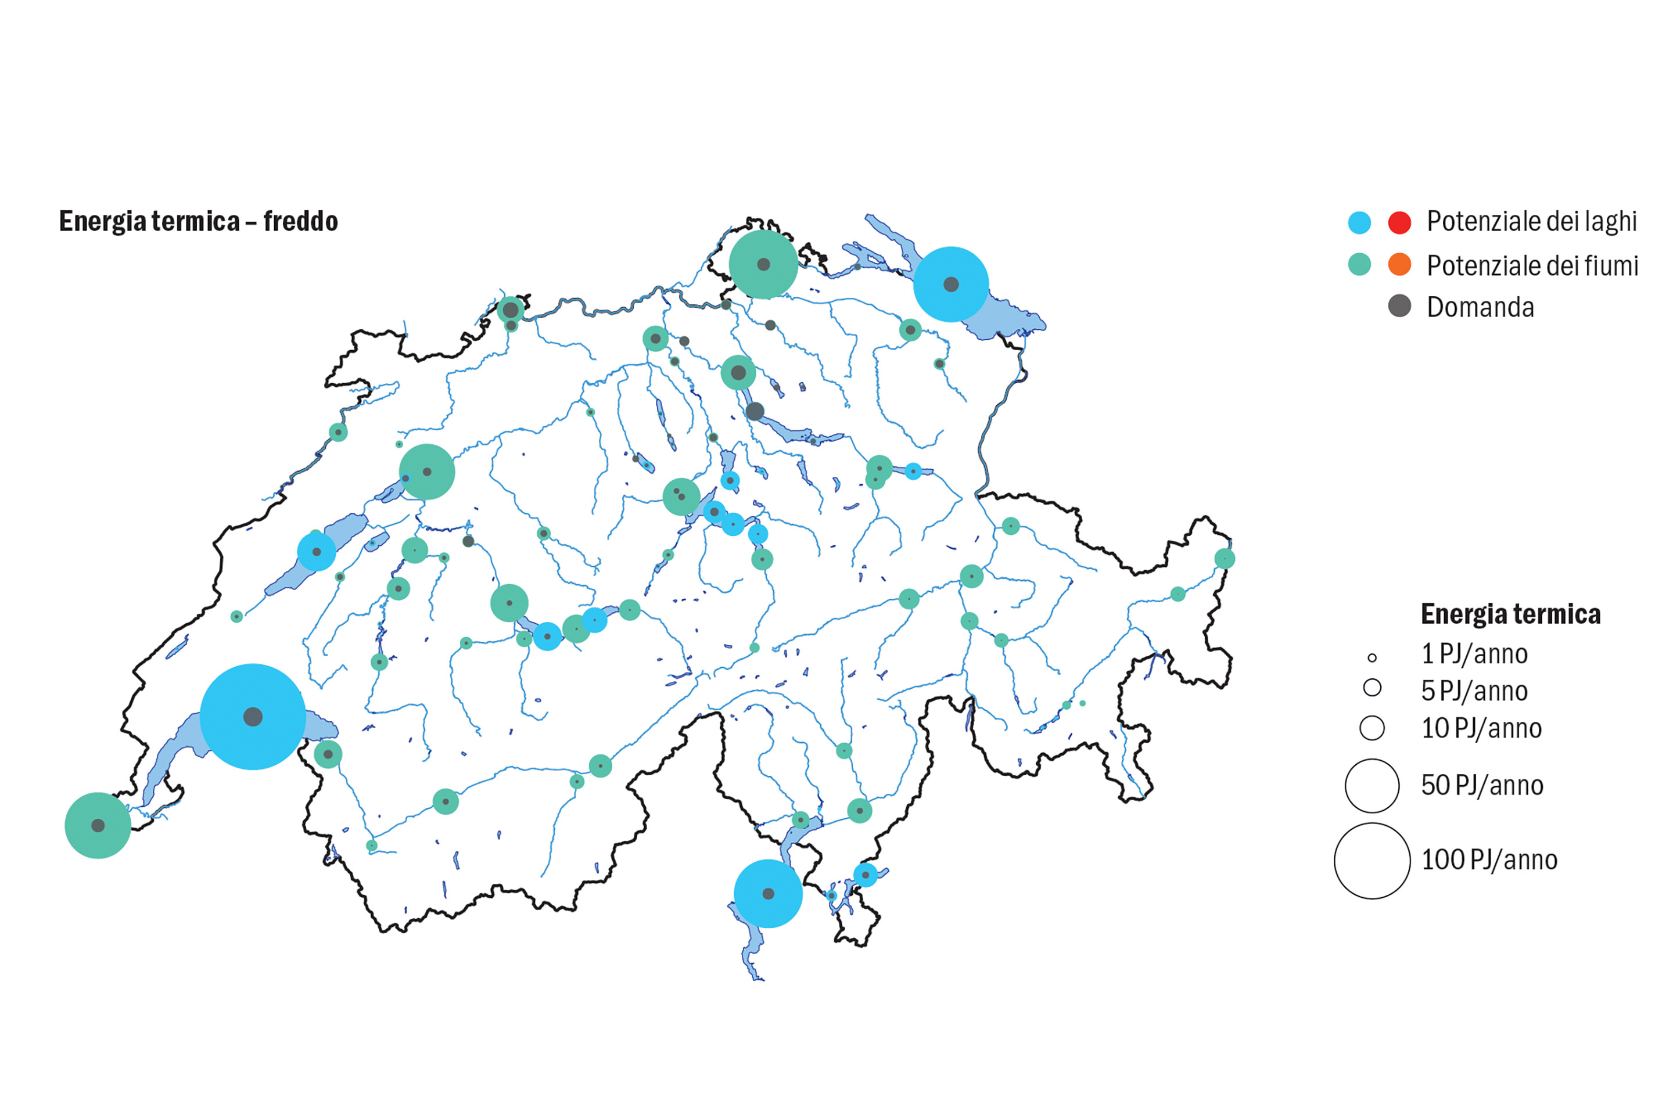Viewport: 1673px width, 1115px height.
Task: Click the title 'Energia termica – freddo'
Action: pos(199,221)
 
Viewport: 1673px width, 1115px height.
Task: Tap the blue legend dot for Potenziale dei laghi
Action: pos(1359,222)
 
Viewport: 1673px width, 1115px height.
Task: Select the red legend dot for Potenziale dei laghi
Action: pos(1399,222)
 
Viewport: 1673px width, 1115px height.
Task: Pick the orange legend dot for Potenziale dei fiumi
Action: pos(1399,265)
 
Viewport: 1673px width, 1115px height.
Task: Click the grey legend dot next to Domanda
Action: pos(1399,306)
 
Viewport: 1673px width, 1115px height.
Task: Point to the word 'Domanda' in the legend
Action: pos(1480,307)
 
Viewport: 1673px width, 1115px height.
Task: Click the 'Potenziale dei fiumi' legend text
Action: pos(1532,265)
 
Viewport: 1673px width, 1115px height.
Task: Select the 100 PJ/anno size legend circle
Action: pos(1372,861)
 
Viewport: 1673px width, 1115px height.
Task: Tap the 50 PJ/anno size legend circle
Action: pos(1372,786)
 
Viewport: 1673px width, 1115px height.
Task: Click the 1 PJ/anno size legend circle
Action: pos(1372,658)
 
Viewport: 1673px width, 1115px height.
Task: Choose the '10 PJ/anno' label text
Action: pos(1481,728)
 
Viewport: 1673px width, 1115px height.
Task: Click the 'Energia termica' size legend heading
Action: pos(1510,614)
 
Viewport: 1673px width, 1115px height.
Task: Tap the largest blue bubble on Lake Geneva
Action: pos(253,716)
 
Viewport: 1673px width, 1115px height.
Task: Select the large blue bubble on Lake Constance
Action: pos(950,284)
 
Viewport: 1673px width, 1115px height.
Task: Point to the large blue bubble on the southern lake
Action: pos(767,893)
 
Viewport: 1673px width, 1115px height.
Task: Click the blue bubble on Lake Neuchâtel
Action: pos(317,551)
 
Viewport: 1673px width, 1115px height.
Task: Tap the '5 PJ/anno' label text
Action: pos(1474,690)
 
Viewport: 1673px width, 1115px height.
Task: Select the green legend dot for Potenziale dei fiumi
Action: pos(1359,265)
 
